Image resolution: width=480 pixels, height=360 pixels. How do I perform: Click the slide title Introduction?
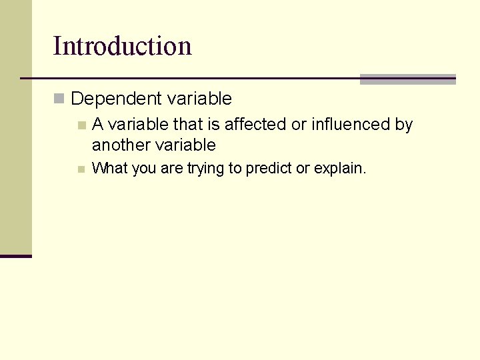point(122,46)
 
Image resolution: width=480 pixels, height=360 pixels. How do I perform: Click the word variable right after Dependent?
point(199,99)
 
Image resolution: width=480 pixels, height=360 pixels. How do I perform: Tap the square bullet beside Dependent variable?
point(59,99)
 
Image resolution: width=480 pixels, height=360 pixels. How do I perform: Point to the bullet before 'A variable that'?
point(81,125)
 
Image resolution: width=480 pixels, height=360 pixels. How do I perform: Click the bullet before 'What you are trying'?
point(81,169)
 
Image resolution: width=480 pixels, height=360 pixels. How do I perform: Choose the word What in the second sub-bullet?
point(109,169)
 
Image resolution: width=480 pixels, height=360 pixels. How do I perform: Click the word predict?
point(269,169)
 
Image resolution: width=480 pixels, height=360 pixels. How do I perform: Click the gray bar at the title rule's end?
point(407,79)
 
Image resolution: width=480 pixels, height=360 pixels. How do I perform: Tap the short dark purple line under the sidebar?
point(16,256)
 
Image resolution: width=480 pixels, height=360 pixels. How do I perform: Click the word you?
point(144,169)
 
